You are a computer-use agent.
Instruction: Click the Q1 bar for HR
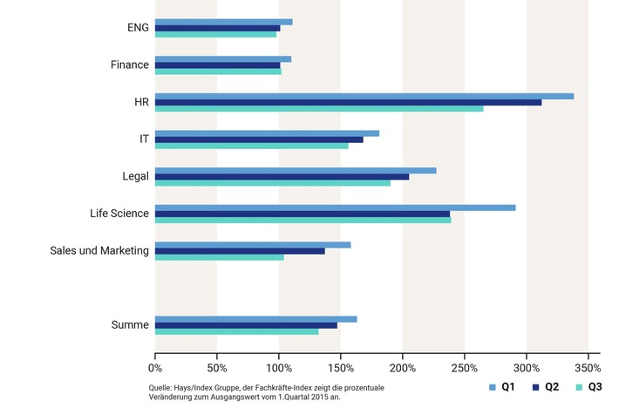(364, 96)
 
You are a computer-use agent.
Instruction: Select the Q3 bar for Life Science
(303, 220)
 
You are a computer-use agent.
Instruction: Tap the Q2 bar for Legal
(282, 176)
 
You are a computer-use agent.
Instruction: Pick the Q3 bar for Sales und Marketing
(219, 257)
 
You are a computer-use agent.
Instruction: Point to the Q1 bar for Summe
(255, 319)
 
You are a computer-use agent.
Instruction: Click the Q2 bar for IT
(259, 139)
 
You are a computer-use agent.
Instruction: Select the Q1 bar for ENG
(223, 22)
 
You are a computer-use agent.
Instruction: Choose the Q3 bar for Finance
(218, 71)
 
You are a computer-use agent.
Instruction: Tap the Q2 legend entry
(545, 386)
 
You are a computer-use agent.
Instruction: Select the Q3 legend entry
(588, 386)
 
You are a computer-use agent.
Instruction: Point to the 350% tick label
(588, 357)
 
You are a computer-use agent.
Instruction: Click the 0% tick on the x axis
(155, 357)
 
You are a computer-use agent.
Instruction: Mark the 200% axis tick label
(402, 357)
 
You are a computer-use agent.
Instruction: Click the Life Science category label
(119, 214)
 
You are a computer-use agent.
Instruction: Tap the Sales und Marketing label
(99, 251)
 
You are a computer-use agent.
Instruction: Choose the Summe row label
(130, 325)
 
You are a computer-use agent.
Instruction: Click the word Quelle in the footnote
(160, 387)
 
